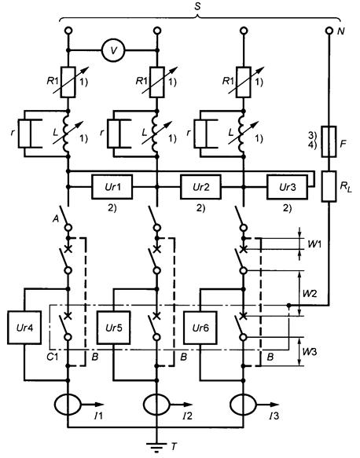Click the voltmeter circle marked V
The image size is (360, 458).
click(x=113, y=50)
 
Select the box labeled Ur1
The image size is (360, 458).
click(x=112, y=187)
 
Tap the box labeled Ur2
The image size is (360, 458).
click(x=200, y=187)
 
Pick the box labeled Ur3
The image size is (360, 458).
click(x=287, y=187)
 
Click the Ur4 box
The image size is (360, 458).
click(x=24, y=328)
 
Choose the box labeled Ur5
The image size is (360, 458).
click(x=114, y=328)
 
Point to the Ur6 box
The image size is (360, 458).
click(x=200, y=328)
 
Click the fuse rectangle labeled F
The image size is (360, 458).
click(x=329, y=141)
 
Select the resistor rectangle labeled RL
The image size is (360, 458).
click(x=329, y=186)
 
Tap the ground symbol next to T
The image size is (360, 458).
click(x=156, y=446)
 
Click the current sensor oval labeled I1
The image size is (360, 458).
click(x=68, y=405)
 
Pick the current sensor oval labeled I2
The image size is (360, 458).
click(x=156, y=405)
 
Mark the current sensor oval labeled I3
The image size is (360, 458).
click(x=243, y=405)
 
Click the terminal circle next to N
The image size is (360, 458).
click(x=329, y=31)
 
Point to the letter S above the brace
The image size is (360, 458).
click(x=198, y=6)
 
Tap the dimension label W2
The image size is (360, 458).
click(x=310, y=293)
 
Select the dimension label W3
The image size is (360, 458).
click(x=310, y=352)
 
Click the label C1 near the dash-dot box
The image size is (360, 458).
click(x=53, y=357)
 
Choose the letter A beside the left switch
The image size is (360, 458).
click(x=56, y=218)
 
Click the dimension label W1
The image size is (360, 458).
click(x=314, y=244)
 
